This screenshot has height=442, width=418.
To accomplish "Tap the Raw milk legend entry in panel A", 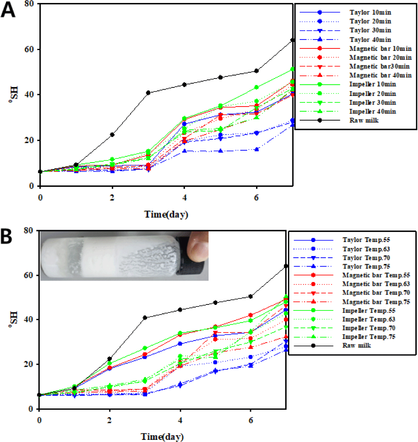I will (362, 121).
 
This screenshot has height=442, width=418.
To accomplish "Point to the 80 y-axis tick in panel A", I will (30, 4).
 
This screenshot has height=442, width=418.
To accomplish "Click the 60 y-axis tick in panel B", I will (30, 275).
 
